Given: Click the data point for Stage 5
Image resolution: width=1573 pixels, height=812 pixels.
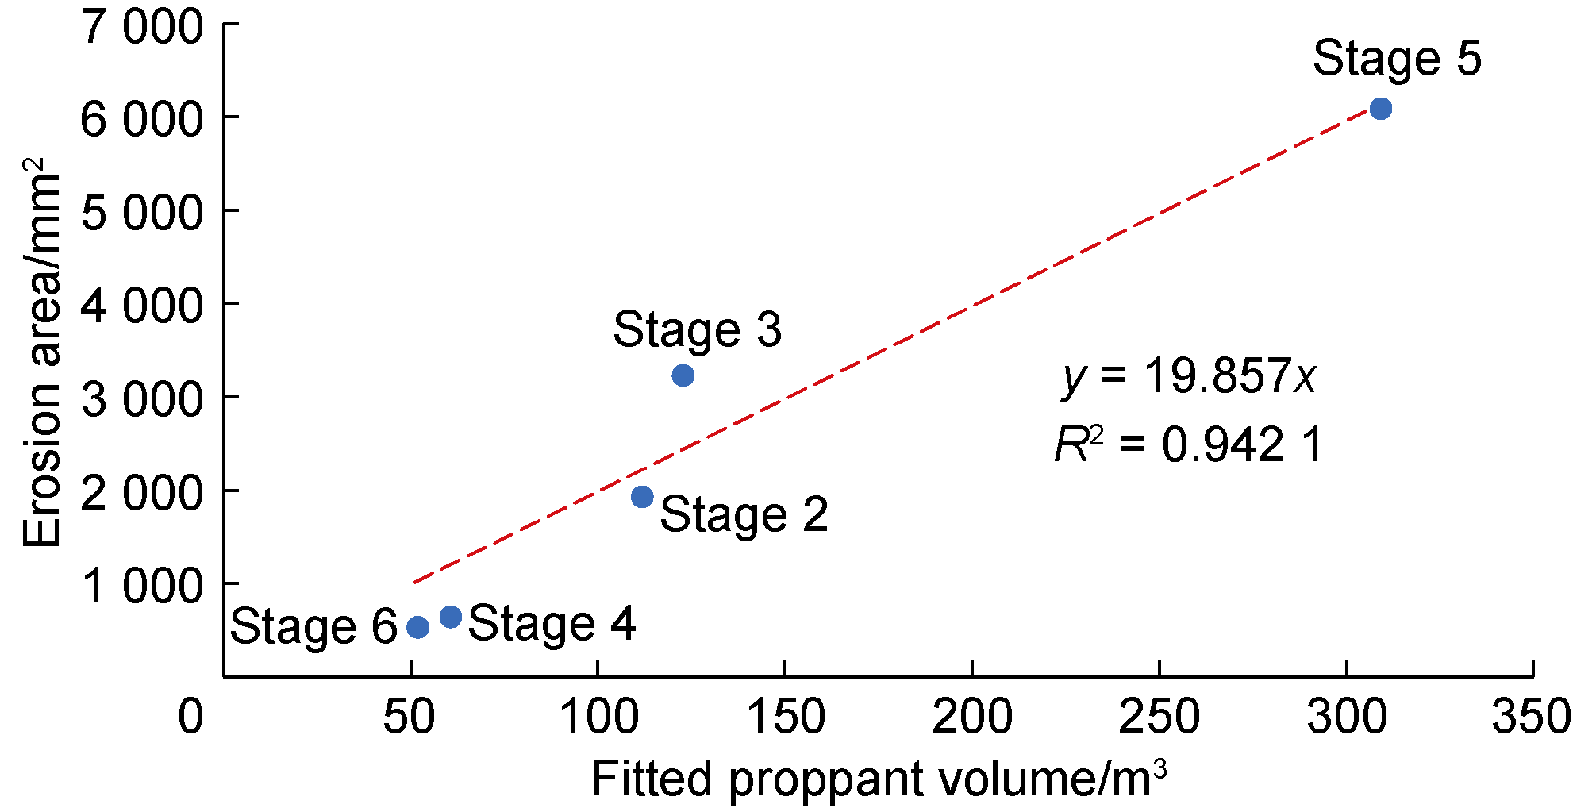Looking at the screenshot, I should coord(1380,109).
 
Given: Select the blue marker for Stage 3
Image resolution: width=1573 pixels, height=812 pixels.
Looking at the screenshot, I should coord(683,375).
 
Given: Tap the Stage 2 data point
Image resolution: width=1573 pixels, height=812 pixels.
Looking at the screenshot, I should coord(642,497).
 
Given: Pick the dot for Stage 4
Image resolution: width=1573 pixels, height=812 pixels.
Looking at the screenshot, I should coord(451,617).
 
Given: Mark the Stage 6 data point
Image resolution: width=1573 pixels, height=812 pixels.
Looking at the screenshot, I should coord(418,628).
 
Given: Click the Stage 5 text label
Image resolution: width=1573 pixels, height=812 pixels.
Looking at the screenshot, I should coord(1396,58).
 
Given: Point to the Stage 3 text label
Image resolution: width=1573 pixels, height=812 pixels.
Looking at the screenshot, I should coord(697,329).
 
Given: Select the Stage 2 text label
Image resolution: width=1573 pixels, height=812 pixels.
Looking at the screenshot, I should coord(744,514).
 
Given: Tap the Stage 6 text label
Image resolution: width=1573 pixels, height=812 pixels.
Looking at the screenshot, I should coord(313,626).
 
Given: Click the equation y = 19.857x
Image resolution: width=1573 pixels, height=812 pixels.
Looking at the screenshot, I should coord(1188,375).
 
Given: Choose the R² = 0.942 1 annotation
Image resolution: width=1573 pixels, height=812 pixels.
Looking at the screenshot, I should coord(1188,444).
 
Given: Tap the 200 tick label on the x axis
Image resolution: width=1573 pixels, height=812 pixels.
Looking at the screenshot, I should coord(971,717).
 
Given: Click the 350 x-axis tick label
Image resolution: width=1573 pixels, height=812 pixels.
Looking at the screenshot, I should coord(1530,717).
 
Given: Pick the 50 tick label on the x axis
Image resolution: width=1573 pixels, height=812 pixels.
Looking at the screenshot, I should coord(410,717).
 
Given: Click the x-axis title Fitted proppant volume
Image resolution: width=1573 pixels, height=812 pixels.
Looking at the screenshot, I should coord(879,779).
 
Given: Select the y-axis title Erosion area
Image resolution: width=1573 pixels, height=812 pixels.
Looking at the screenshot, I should coord(41,353).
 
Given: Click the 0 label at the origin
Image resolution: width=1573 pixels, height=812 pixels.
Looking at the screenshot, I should coord(190,717).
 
